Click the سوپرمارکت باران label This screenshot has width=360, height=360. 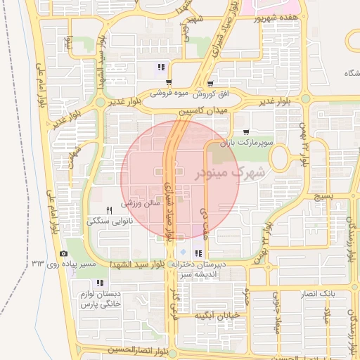245,143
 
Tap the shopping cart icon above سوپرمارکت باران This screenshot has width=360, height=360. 245,131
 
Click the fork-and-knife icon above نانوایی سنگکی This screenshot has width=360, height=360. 109,210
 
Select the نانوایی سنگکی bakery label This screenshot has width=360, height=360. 109,221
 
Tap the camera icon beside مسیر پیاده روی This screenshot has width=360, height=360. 64,253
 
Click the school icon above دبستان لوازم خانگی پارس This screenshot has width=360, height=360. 99,282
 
